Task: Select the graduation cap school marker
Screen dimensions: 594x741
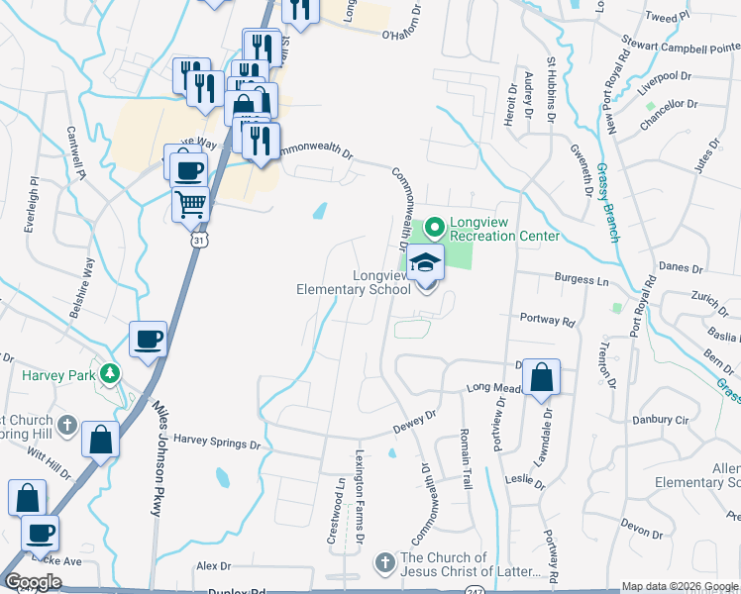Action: pyautogui.click(x=426, y=262)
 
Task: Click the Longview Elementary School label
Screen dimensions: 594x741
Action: pyautogui.click(x=354, y=283)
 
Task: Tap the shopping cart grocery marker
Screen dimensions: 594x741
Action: pyautogui.click(x=190, y=205)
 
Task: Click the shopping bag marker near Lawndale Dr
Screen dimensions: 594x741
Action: pyautogui.click(x=541, y=378)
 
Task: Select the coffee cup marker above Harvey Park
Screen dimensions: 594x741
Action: pyautogui.click(x=149, y=340)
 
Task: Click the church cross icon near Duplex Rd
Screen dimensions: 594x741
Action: pyautogui.click(x=385, y=563)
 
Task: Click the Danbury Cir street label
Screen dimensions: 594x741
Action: pyautogui.click(x=666, y=420)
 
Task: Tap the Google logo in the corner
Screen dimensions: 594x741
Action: pyautogui.click(x=33, y=581)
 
